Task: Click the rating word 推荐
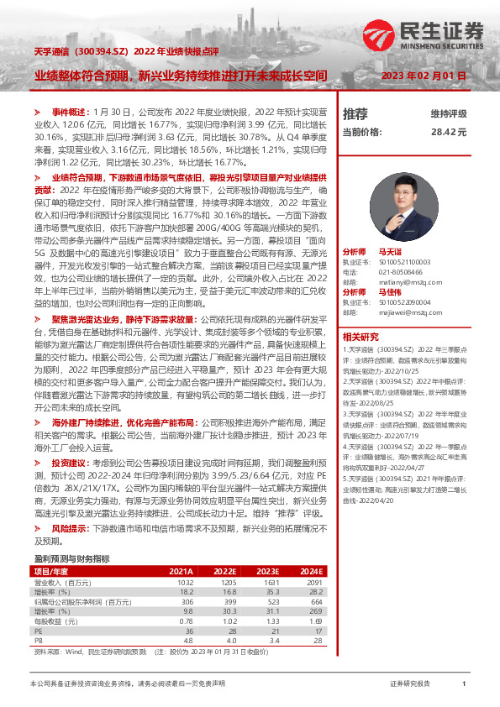pyautogui.click(x=355, y=113)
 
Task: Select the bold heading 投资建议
pyautogui.click(x=70, y=463)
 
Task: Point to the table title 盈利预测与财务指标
pyautogui.click(x=71, y=558)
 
